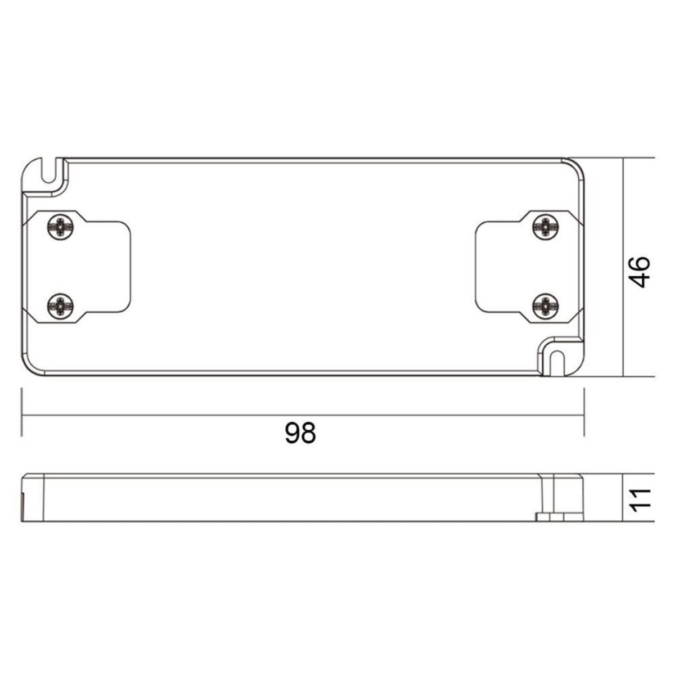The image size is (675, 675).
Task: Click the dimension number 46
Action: coord(638,272)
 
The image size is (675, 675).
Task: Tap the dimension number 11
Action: coord(638,498)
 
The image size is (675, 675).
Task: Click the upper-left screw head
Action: coord(61,227)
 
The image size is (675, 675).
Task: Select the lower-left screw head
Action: coord(61,307)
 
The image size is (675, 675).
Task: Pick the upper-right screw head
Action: coord(546,227)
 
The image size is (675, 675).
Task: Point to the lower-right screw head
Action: coord(546,307)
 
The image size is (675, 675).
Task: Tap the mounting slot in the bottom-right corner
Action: coord(557,363)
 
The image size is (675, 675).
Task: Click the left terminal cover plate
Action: coord(77,267)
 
